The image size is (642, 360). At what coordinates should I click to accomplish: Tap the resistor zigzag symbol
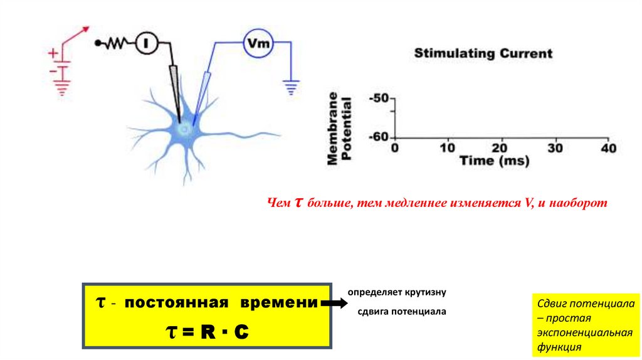coord(117,43)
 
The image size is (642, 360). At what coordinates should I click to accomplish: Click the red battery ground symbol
coord(61,87)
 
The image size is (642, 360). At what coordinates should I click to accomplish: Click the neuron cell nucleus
coord(184,129)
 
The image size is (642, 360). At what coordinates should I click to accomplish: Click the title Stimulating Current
coord(483,54)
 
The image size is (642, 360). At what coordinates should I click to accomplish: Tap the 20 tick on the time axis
coord(499,149)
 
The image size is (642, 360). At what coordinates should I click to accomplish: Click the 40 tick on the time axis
coord(608,149)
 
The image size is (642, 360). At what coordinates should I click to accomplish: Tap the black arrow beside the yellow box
coord(332,304)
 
